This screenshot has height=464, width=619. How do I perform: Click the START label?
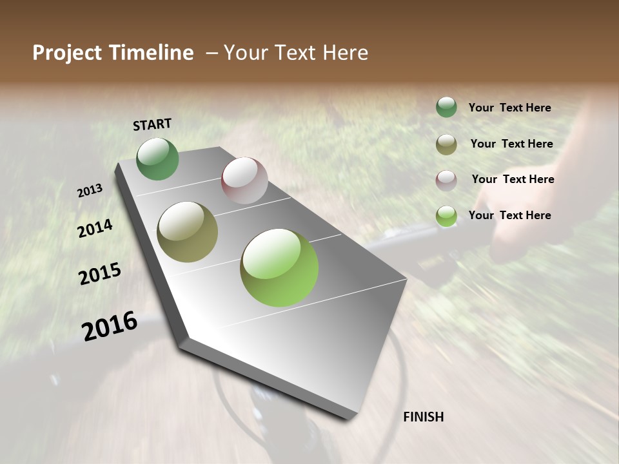pyautogui.click(x=152, y=124)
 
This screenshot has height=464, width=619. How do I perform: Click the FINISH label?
pyautogui.click(x=423, y=417)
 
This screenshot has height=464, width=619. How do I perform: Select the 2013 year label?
pyautogui.click(x=90, y=191)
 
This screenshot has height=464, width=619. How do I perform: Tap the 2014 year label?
pyautogui.click(x=95, y=228)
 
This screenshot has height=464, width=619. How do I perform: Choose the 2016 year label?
pyautogui.click(x=110, y=326)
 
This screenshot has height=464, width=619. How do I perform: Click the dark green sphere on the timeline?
pyautogui.click(x=158, y=159)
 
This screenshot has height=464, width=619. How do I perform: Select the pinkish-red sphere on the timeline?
pyautogui.click(x=244, y=180)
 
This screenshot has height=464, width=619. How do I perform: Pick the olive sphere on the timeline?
pyautogui.click(x=188, y=232)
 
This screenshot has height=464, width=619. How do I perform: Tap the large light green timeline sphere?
pyautogui.click(x=279, y=267)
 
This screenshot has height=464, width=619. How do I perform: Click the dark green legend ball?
pyautogui.click(x=446, y=108)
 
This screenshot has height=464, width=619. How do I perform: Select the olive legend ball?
pyautogui.click(x=446, y=144)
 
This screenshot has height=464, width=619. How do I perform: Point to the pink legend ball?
pyautogui.click(x=446, y=180)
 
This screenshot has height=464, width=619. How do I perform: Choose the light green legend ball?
pyautogui.click(x=446, y=217)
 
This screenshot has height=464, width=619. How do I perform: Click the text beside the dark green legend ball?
pyautogui.click(x=509, y=108)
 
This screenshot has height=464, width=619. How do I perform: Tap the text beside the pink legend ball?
pyautogui.click(x=513, y=179)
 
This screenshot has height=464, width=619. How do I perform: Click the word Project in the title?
pyautogui.click(x=66, y=53)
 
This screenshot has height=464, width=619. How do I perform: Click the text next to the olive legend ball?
pyautogui.click(x=511, y=144)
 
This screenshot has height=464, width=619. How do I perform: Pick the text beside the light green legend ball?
pyautogui.click(x=509, y=215)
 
